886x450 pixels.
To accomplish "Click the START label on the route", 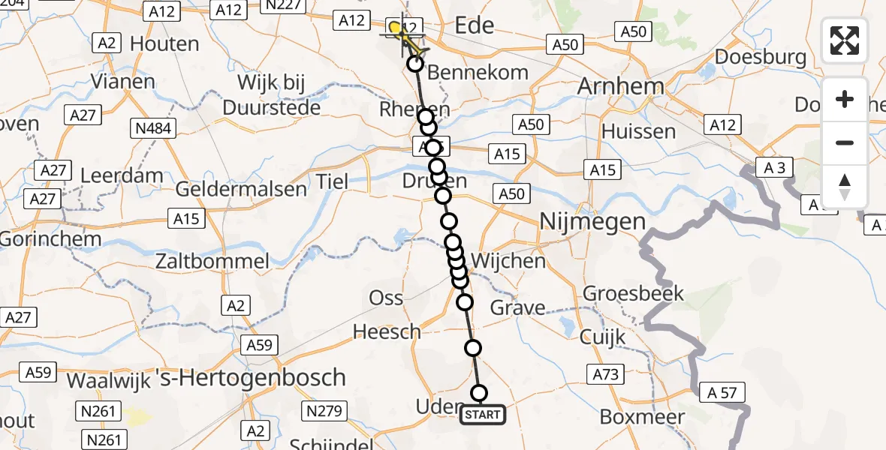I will (482, 415).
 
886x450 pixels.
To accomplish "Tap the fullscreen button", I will (845, 40).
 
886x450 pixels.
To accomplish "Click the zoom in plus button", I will (845, 99).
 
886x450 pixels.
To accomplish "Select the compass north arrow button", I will (845, 186).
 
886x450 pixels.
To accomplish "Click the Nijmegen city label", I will (592, 221).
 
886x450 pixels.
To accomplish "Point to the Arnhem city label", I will (620, 86).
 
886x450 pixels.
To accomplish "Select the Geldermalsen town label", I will (241, 189).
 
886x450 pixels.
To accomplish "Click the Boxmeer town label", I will (643, 417).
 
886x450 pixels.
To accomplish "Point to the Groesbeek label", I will (633, 292).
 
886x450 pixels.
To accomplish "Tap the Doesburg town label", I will (761, 57).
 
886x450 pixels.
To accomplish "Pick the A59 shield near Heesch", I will (259, 345).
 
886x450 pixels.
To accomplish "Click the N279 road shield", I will (324, 411).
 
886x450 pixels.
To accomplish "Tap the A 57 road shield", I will (722, 391).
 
